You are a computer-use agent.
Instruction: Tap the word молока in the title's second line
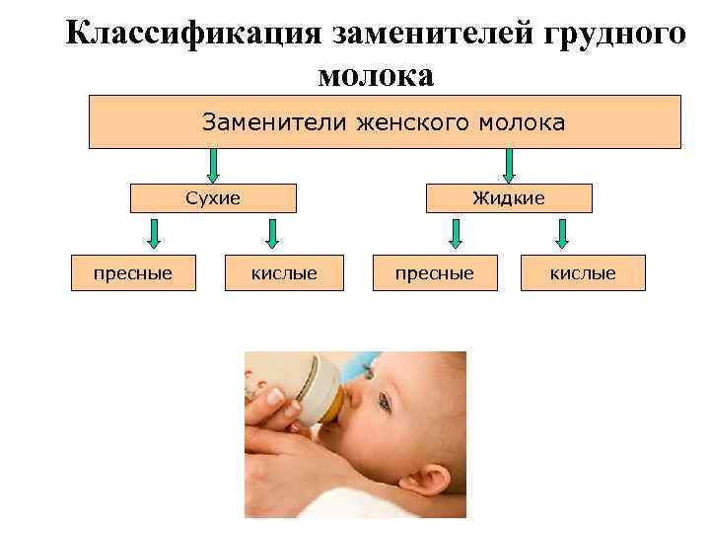click(x=376, y=74)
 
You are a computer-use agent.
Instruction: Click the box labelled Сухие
click(x=213, y=198)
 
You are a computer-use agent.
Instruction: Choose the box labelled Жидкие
click(x=508, y=198)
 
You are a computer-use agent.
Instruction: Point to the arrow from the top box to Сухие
click(x=213, y=165)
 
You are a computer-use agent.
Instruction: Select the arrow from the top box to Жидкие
click(x=509, y=165)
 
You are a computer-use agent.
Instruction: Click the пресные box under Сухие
click(x=133, y=272)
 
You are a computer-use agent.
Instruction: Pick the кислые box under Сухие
click(x=285, y=272)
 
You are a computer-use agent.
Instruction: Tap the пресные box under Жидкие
click(x=434, y=272)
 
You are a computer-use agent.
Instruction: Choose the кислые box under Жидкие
click(x=583, y=272)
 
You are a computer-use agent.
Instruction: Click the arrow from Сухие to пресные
click(x=154, y=233)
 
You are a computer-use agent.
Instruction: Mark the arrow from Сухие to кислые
click(x=273, y=233)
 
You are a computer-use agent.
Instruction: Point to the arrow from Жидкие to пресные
click(x=455, y=233)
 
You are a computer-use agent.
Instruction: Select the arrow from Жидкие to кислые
click(x=561, y=233)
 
